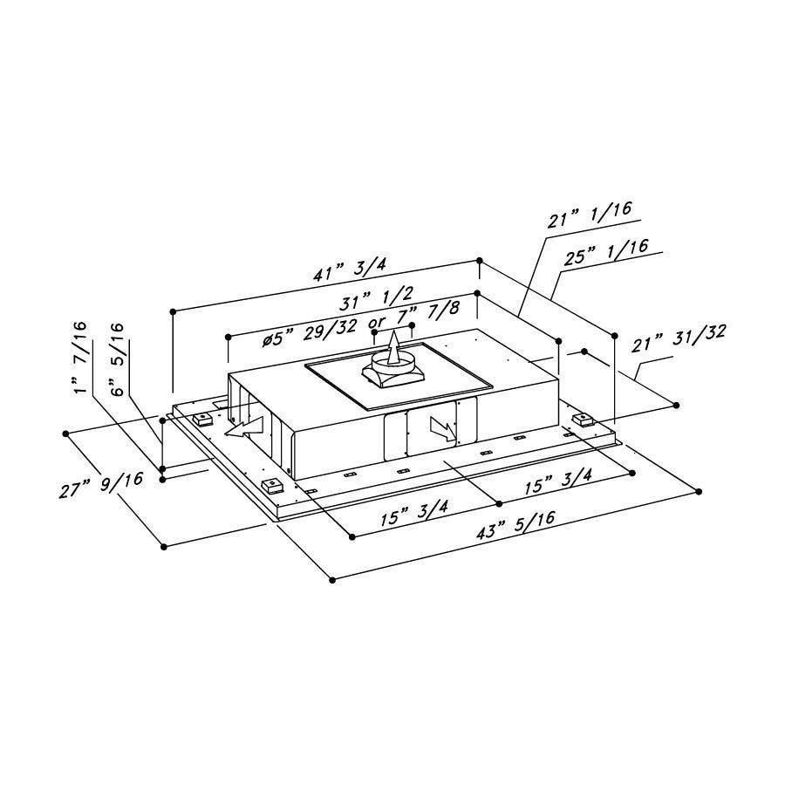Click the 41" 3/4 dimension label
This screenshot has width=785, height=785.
350,269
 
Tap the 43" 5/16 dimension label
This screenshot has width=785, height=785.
515,524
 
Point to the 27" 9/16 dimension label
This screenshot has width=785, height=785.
101,485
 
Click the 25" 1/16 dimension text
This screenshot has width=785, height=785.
606,252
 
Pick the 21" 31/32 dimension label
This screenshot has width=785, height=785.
679,338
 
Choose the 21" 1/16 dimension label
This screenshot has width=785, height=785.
590,215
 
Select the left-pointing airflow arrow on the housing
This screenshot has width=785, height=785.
244,427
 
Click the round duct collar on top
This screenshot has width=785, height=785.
394,362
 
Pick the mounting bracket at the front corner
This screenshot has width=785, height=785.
272,486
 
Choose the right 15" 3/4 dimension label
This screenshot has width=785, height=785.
557,481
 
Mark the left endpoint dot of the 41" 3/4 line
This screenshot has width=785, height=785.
174,311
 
